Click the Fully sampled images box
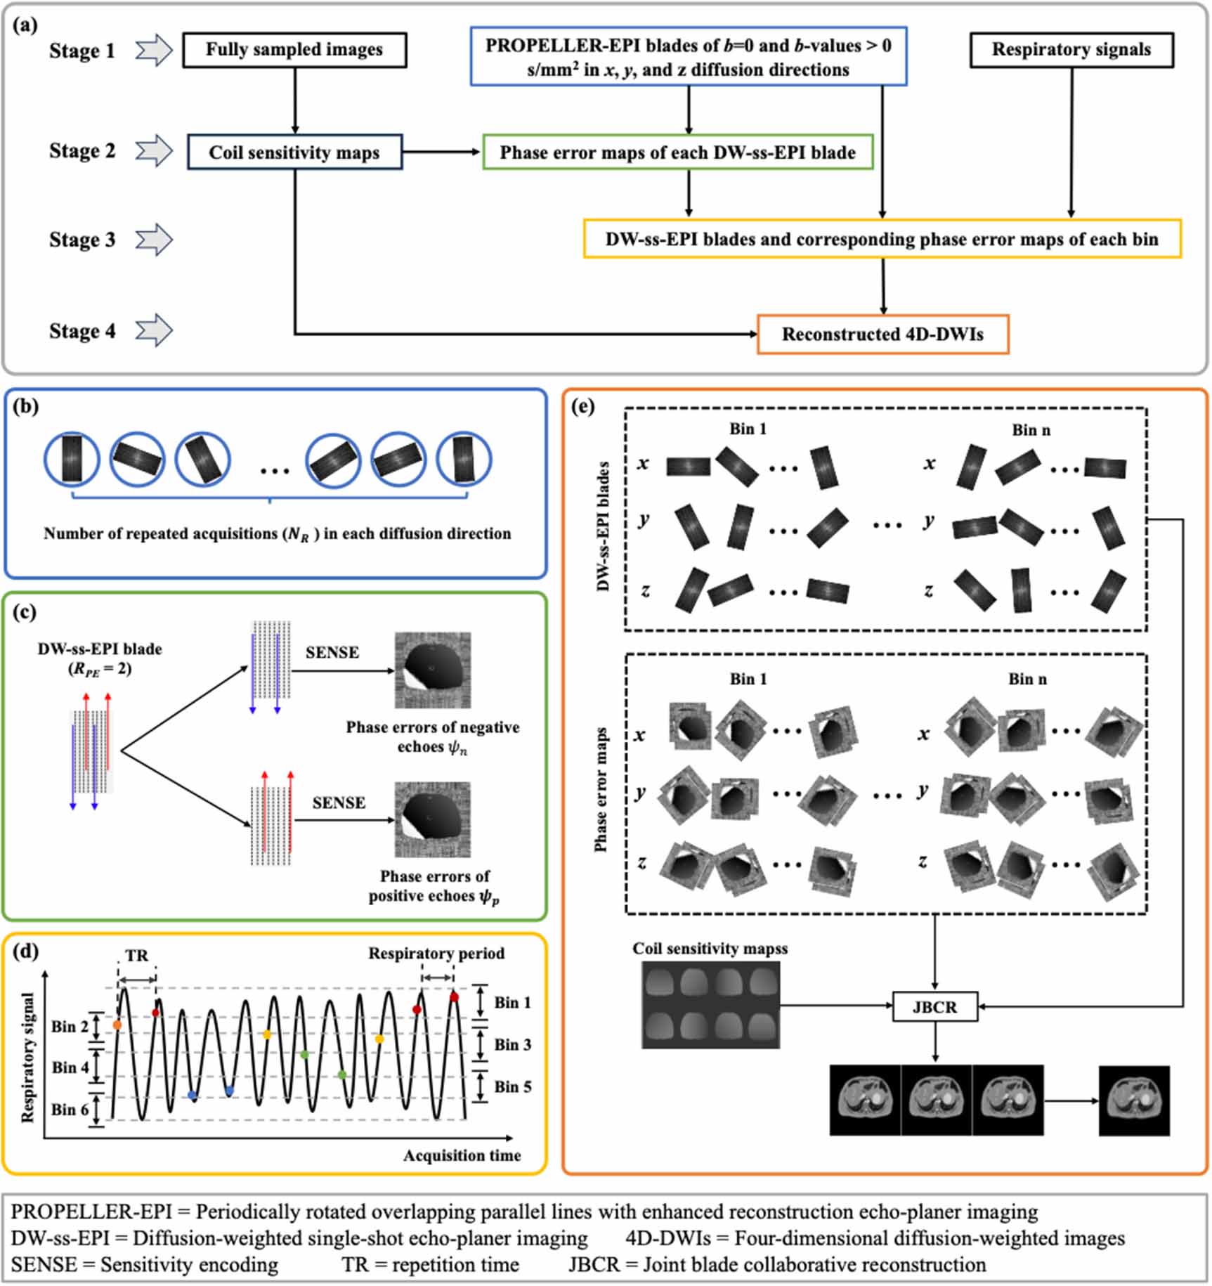[x=294, y=50]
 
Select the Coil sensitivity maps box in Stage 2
[x=294, y=152]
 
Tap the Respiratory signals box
[x=1071, y=50]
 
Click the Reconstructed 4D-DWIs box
[x=882, y=335]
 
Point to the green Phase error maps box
[x=677, y=152]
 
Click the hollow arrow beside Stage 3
[x=154, y=240]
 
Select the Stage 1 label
[x=82, y=51]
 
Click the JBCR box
[x=934, y=1007]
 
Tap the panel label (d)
[x=26, y=951]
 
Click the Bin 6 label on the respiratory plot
[x=70, y=1110]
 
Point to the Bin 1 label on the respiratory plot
[x=512, y=1003]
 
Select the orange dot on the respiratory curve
[x=117, y=1025]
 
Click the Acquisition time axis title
[x=462, y=1155]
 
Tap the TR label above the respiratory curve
[x=137, y=956]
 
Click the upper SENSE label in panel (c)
[x=332, y=653]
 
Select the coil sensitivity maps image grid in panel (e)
[x=710, y=1005]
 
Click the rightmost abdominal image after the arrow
[x=1134, y=1100]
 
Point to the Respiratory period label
[x=436, y=954]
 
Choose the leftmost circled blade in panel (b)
[x=72, y=459]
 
